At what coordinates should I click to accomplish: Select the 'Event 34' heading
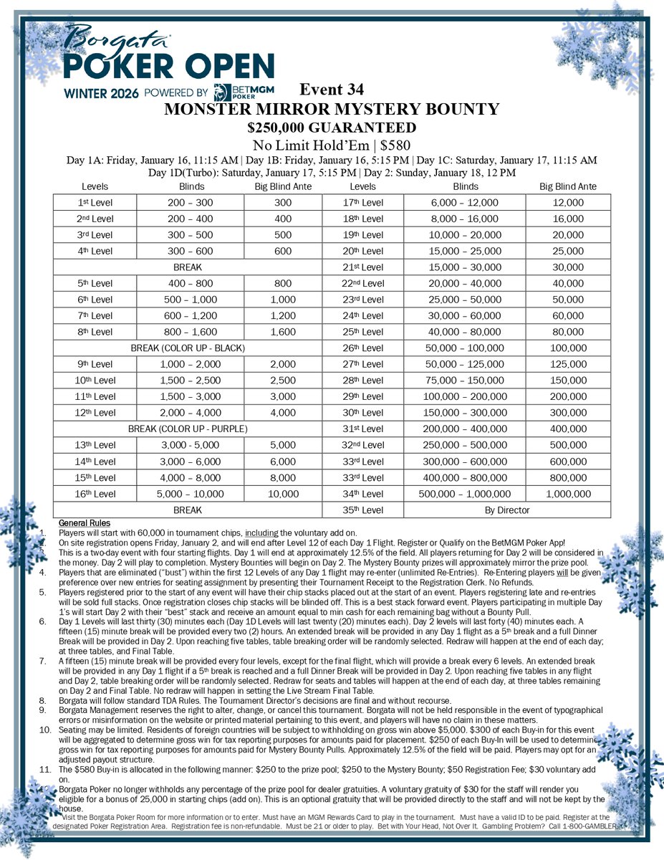(332, 90)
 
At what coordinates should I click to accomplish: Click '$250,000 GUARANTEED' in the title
(332, 128)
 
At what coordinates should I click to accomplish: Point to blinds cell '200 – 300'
(190, 203)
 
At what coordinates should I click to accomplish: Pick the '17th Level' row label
(364, 203)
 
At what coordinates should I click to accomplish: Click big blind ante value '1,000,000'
(568, 494)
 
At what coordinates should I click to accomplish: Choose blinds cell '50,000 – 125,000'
(466, 363)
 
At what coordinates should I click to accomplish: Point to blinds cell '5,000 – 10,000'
(190, 494)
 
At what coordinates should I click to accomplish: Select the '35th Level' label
(364, 510)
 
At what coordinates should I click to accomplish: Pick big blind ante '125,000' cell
(568, 363)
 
